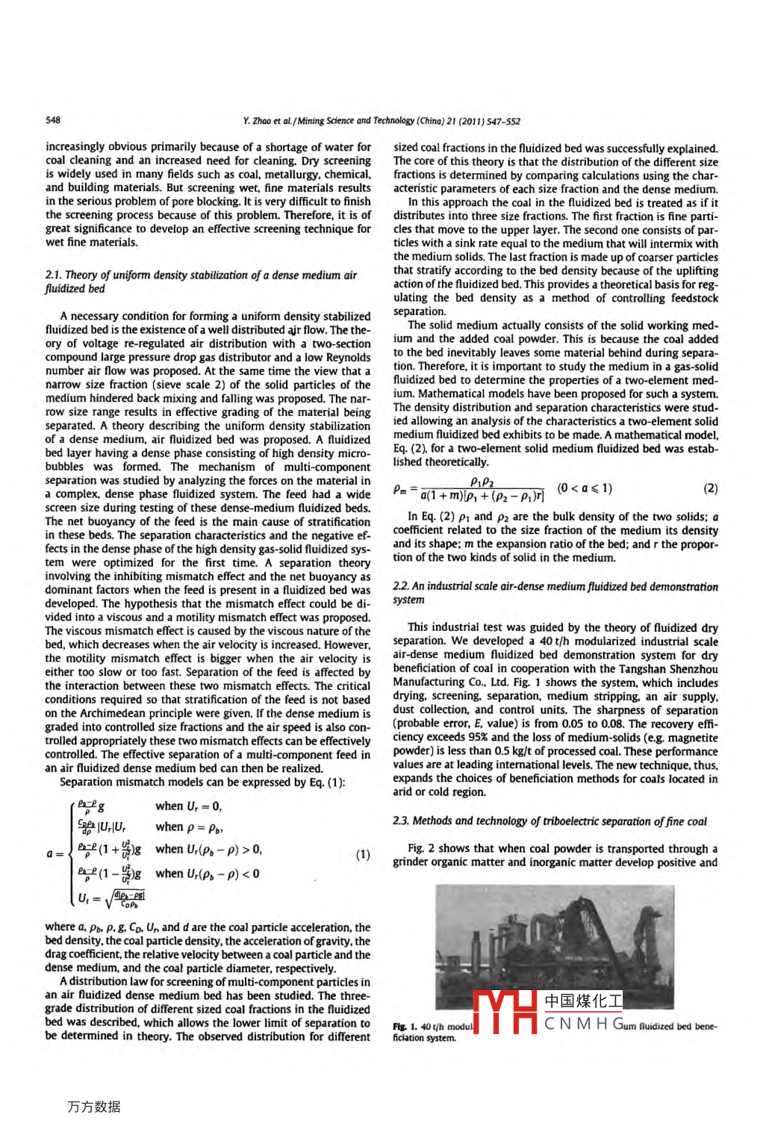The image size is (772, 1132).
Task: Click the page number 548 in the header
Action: click(53, 119)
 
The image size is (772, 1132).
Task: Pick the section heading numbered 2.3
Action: click(550, 821)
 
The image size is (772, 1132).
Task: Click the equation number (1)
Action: click(363, 854)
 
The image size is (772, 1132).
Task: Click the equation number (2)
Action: click(710, 488)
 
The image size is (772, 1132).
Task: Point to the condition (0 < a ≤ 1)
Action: click(585, 488)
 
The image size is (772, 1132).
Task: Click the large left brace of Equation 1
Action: click(72, 853)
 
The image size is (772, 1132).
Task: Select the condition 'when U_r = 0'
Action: click(188, 806)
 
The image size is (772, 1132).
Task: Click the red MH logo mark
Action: click(505, 1012)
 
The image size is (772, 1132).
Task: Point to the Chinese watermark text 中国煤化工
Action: click(583, 1001)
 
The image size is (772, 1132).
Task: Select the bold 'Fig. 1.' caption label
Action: click(405, 1027)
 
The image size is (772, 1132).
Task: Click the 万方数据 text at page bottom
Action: click(94, 1107)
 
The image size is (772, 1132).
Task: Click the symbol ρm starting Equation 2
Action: click(400, 490)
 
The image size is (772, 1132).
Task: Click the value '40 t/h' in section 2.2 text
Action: click(552, 641)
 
